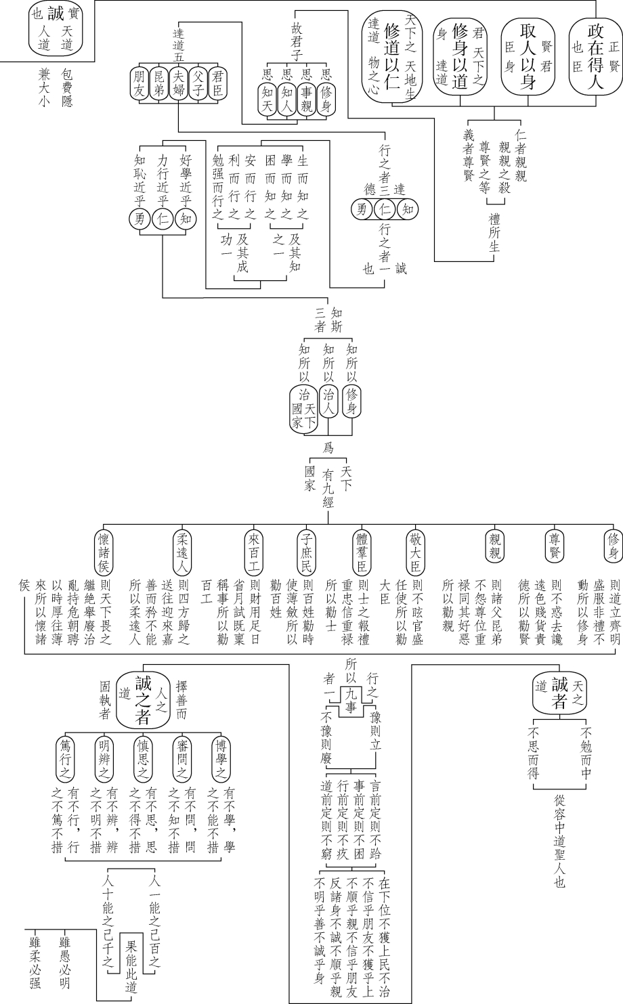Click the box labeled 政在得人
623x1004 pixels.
point(595,56)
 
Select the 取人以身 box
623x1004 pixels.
point(528,56)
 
